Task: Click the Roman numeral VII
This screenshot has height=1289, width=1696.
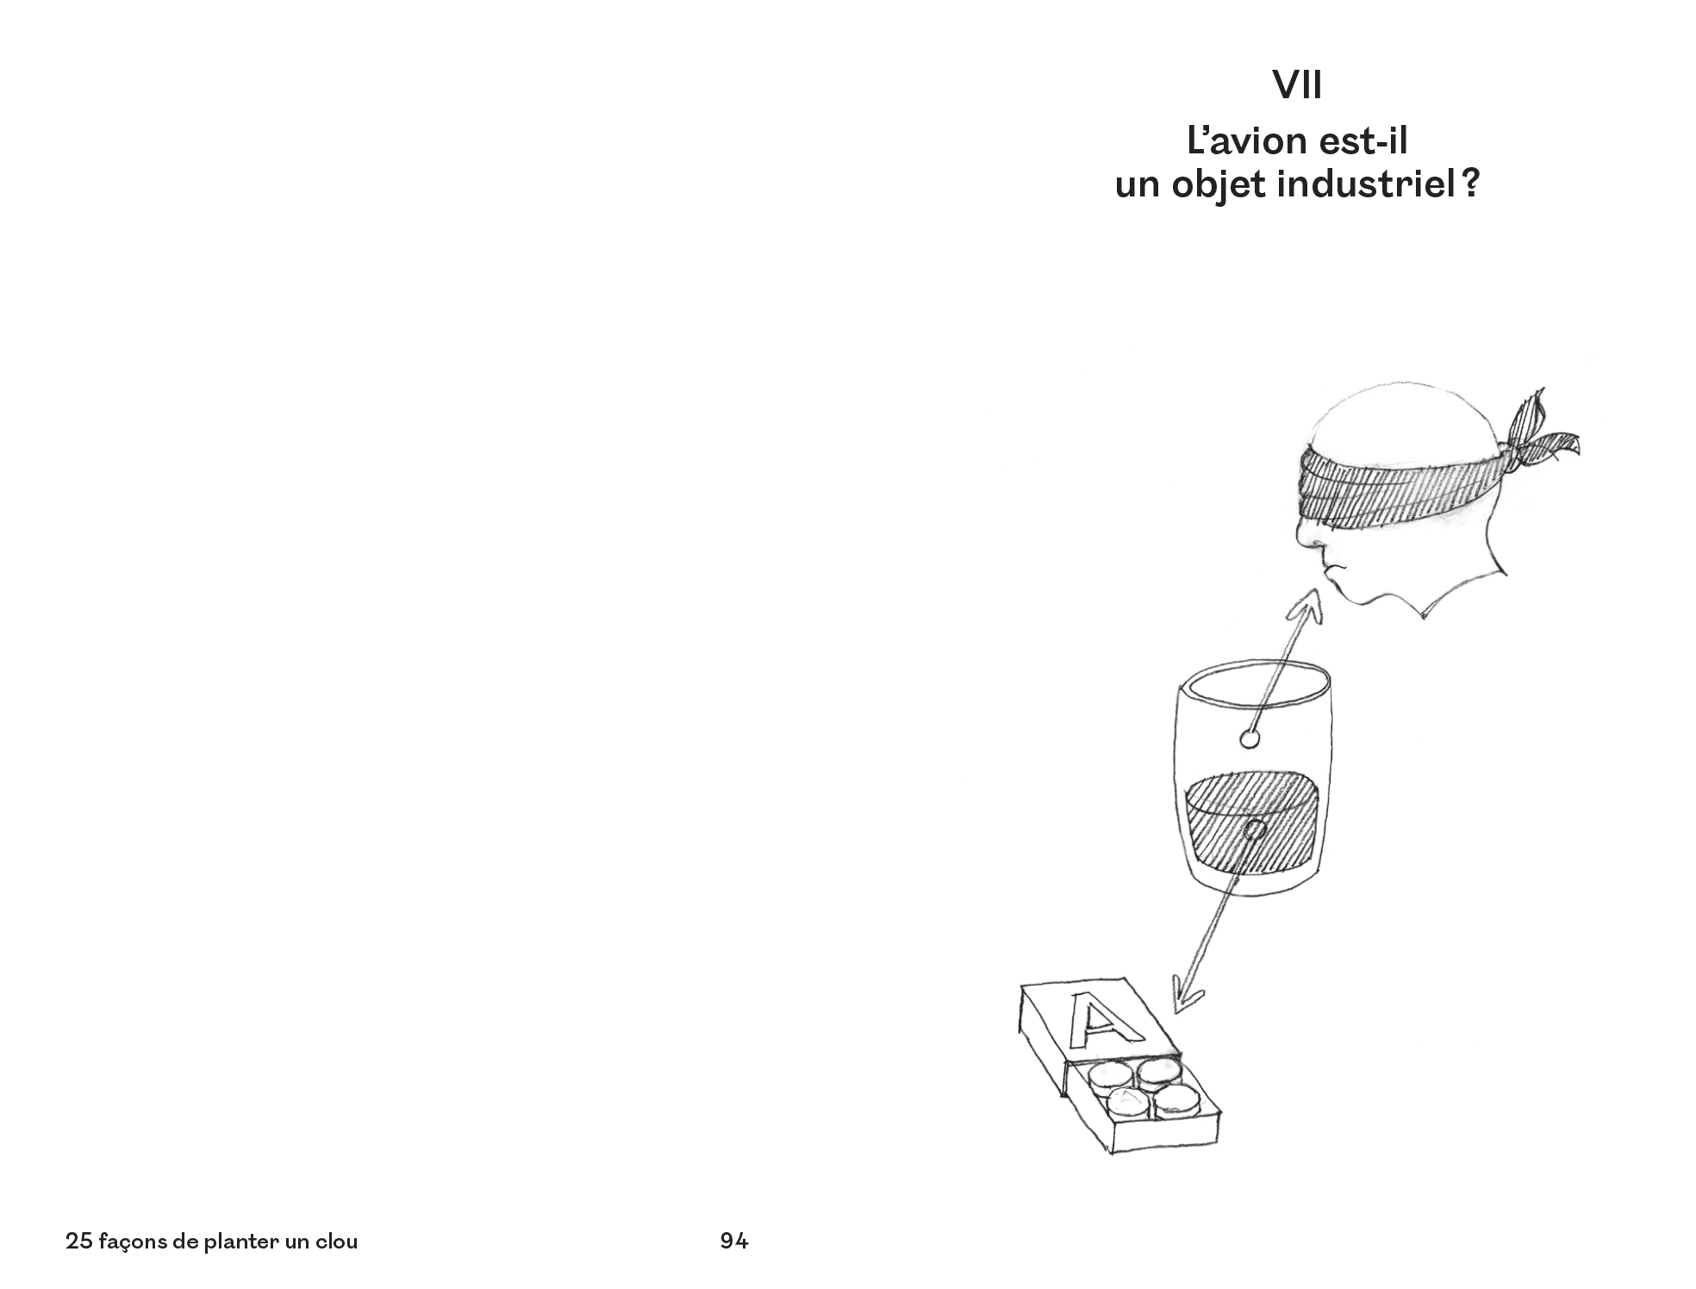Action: coord(1297,85)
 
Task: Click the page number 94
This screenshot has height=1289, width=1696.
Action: coord(734,1242)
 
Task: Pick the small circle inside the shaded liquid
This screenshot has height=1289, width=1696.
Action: coord(1254,831)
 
